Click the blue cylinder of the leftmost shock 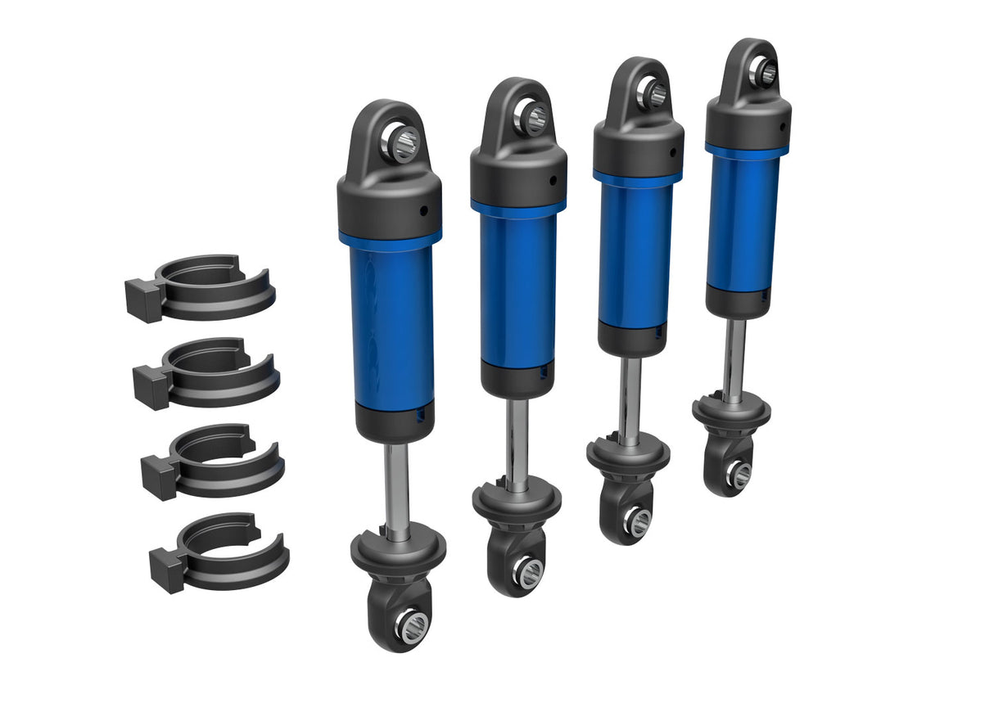coord(391,327)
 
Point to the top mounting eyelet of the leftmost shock coord(404,142)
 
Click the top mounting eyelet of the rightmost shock coord(766,73)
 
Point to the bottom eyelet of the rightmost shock coord(739,475)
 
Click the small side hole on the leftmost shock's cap coord(424,211)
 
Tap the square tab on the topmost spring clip coord(142,296)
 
